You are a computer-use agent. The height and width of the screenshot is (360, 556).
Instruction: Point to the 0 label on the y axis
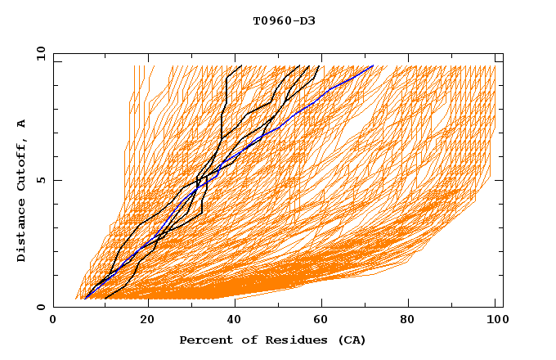coord(40,307)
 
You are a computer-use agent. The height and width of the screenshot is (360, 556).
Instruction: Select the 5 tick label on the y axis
coord(40,180)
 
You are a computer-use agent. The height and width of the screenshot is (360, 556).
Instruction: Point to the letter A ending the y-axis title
coord(21,124)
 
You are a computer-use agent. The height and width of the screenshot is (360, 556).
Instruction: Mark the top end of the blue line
coord(373,65)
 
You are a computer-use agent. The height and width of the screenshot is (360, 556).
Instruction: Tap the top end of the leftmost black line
coord(241,65)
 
